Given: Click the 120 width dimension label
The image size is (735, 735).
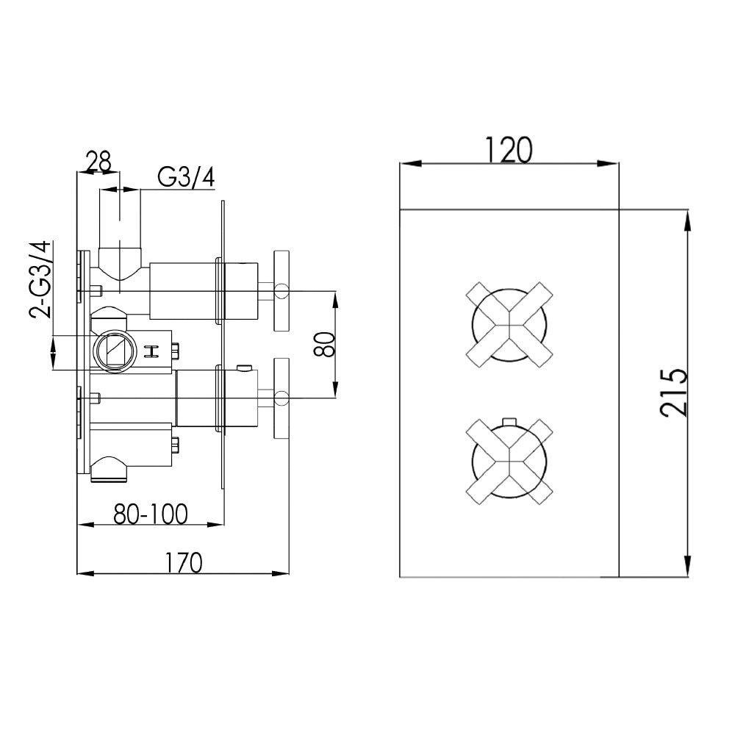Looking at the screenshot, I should coord(508,150).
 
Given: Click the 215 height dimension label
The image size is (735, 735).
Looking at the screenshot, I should coord(674,392).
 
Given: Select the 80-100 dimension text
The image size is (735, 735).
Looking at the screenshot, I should coord(150,514).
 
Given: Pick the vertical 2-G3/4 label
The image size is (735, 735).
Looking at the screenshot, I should coord(42,279).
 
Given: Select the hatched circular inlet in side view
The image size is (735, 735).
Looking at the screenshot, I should coord(114,349).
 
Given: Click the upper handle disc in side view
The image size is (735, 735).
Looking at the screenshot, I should coord(282,292).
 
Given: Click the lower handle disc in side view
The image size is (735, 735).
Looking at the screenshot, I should coord(282,399).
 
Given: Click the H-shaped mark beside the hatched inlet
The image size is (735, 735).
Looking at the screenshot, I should coord(154,352).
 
